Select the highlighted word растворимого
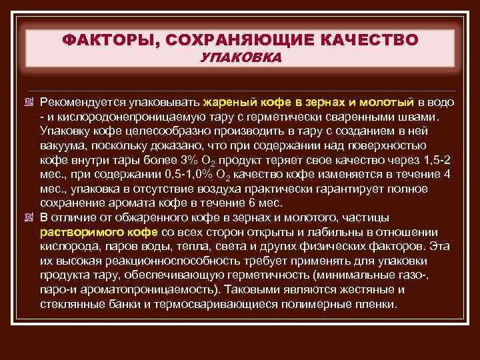79,232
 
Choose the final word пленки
377,304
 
